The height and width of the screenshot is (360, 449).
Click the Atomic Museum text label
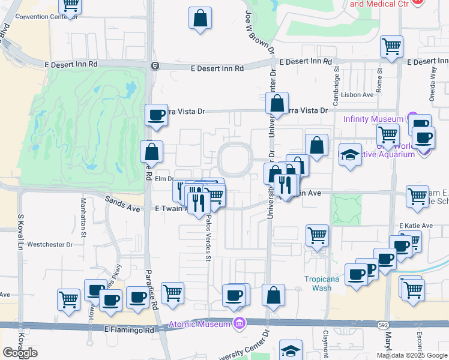pos(200,325)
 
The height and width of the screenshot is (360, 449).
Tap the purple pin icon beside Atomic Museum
pos(240,325)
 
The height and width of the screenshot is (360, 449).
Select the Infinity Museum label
pos(373,118)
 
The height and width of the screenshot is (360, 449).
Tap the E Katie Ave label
pos(416,226)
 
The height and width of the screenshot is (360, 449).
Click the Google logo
pos(20,353)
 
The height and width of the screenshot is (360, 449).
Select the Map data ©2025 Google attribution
pos(412,355)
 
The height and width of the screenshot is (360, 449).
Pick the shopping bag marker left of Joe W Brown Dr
pos(200,18)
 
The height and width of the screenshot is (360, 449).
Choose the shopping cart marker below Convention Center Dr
pos(71,5)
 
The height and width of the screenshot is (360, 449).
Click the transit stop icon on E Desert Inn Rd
pos(155,65)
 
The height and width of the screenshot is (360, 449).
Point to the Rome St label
pos(379,81)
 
